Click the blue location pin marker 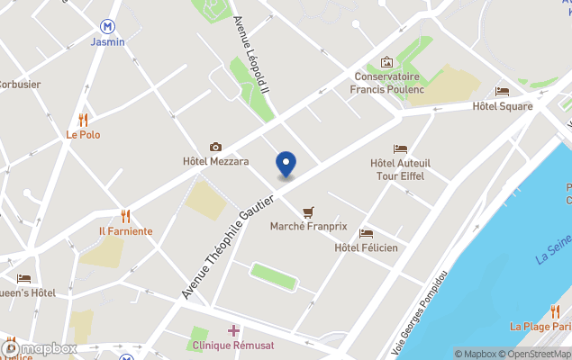pos(286,164)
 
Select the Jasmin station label pos(108,41)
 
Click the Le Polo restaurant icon pos(83,119)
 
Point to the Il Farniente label pos(126,231)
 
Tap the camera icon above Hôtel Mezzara pos(215,147)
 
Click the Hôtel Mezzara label pos(215,162)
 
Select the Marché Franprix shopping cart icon pos(309,211)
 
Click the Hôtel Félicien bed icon pos(366,233)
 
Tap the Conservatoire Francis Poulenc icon pos(387,62)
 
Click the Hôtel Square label pos(503,106)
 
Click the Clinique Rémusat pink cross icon pos(233,330)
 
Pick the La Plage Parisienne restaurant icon pos(555,311)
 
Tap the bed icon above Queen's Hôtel pos(23,278)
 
